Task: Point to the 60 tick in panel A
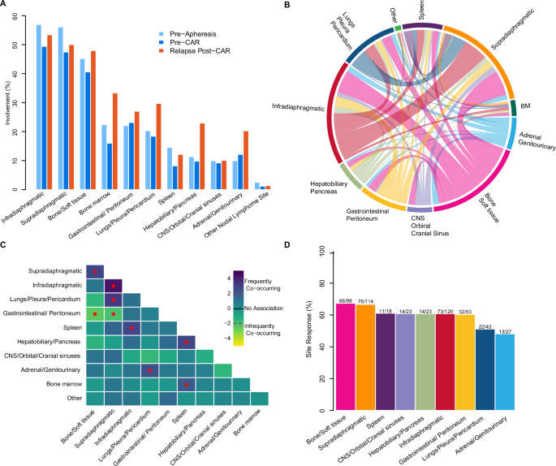point(22,16)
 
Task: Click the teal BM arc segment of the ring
point(512,108)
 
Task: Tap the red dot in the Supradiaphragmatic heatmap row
point(96,271)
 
